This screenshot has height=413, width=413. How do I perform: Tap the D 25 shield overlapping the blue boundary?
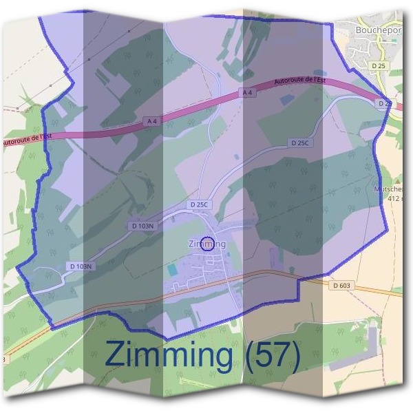pos(384,103)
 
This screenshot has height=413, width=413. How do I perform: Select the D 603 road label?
pos(341,285)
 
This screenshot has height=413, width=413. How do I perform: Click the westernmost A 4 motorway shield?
pos(152,120)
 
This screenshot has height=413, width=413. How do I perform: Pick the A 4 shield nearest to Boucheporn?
pos(246,92)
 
